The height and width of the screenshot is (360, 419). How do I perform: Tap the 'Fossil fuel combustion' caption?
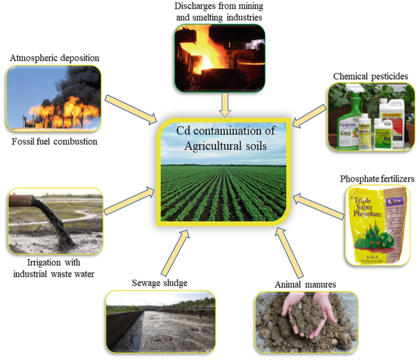pos(54,141)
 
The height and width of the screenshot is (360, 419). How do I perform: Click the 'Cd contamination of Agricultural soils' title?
pos(222,138)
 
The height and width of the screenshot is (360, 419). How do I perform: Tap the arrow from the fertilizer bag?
pos(317,205)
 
